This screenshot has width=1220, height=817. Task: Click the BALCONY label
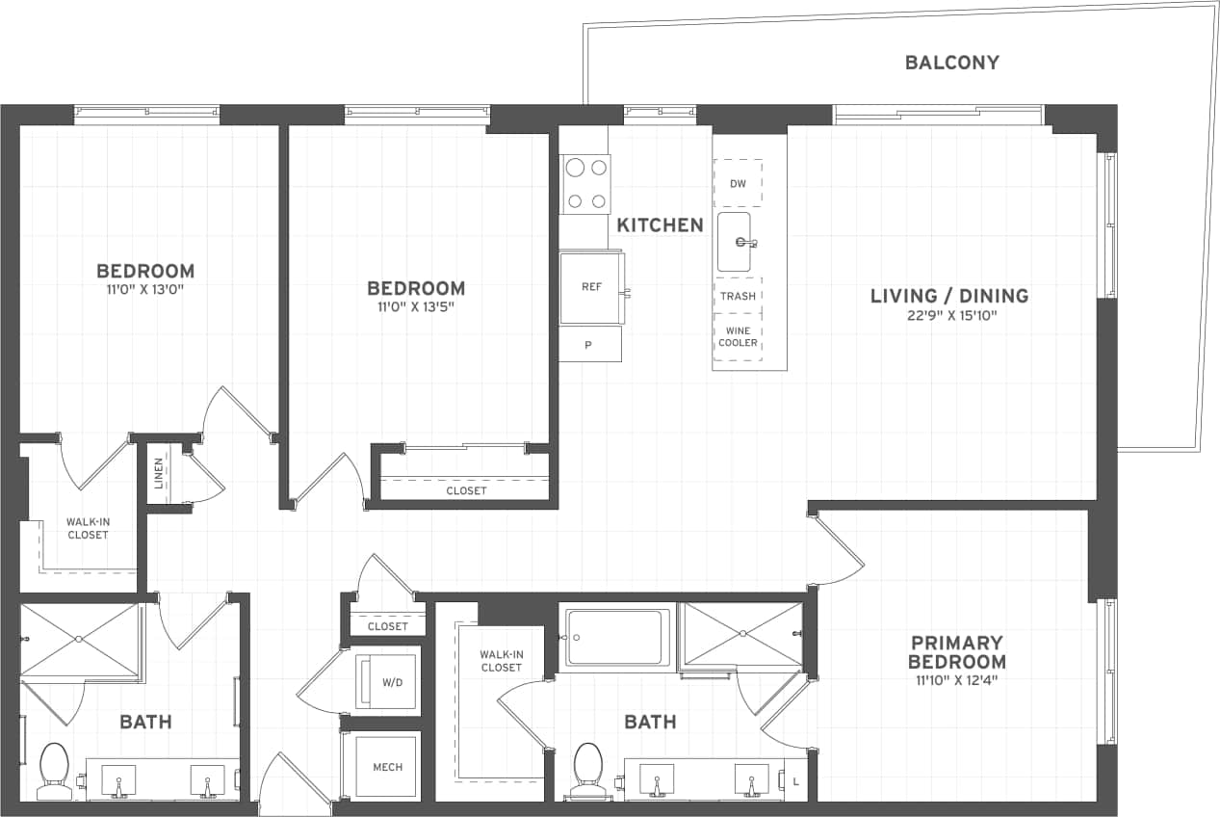pos(951,63)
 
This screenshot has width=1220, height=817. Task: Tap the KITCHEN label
pos(660,225)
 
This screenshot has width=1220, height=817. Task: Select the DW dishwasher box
pos(738,183)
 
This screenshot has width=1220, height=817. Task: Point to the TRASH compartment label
pos(738,296)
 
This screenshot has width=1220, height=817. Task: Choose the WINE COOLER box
pos(738,336)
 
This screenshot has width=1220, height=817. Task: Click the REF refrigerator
pos(590,287)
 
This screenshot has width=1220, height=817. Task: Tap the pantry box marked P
pos(589,344)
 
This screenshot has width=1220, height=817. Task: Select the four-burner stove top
pos(586,184)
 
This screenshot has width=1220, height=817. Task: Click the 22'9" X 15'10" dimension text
pos(949,315)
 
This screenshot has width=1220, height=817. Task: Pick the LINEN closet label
pos(159,473)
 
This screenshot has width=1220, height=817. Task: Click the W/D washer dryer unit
pos(391,682)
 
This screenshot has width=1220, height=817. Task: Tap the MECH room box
pos(387,767)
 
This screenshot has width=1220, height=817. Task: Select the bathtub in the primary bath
pos(616,636)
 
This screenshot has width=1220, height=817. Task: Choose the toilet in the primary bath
pos(586,770)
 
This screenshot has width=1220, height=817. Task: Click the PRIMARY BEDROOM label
pos(957,652)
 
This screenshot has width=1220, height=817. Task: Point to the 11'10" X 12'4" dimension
pos(957,680)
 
